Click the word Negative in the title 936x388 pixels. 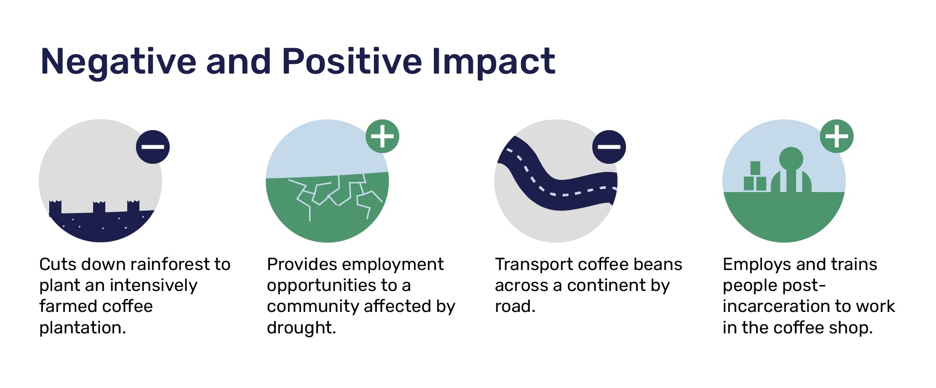point(118,61)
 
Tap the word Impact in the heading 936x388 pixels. point(493,62)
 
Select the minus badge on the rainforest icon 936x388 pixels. point(153,147)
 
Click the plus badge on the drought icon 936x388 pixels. point(383,136)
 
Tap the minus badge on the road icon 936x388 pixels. point(609,147)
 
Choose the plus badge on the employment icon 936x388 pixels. point(837,136)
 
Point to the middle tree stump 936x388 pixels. point(99,207)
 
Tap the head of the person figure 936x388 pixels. point(791,159)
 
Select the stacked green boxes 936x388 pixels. point(755,176)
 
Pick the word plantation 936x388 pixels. point(82,328)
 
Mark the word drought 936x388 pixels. point(301,328)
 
